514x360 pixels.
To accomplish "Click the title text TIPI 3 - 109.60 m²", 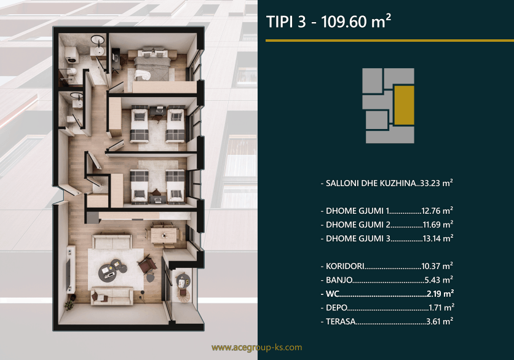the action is tap(328, 22).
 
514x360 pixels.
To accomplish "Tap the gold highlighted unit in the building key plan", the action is tap(404, 105).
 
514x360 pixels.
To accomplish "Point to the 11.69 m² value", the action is tap(438, 224).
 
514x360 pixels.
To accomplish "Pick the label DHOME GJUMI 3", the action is tap(358, 238).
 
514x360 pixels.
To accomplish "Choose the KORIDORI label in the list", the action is tap(345, 266).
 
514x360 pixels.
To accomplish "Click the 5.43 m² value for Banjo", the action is tap(439, 280).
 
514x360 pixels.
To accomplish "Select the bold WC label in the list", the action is tap(332, 294).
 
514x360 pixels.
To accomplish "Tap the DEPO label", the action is tap(336, 308).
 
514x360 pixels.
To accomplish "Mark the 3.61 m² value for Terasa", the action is tap(440, 321).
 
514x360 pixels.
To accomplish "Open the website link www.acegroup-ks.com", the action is tap(256, 348).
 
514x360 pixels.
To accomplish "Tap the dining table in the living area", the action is tap(164, 235).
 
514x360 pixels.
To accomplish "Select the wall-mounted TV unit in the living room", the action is tap(70, 269).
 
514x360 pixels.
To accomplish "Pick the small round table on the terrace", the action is tap(183, 281).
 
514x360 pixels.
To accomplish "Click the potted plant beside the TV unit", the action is tap(70, 303).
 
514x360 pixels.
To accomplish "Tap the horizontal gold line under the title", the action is tap(390, 41).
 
